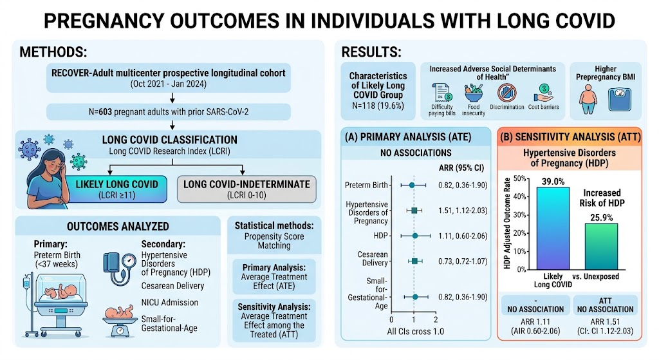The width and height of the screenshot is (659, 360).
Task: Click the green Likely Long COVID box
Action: coord(117,189)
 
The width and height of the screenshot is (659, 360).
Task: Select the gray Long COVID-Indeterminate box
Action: coord(246,189)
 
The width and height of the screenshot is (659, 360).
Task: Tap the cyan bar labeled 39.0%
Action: coord(553,229)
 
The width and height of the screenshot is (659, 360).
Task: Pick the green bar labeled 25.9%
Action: coord(602,247)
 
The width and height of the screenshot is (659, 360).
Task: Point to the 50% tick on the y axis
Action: coord(519,178)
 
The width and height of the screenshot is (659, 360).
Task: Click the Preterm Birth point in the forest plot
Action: coord(412,185)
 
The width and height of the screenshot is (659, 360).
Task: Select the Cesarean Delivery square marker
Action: coord(415,261)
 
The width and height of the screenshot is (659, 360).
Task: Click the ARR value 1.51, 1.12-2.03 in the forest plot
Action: coord(463,211)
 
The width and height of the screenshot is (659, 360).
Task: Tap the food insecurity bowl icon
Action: coord(474,93)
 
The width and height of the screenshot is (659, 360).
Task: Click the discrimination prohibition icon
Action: coord(506,93)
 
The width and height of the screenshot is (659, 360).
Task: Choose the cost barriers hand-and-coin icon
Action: coord(543,93)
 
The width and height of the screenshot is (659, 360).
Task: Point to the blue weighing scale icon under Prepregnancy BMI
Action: coord(620,99)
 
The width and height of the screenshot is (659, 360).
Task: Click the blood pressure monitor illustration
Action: coord(120,267)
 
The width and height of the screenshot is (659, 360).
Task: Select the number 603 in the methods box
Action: coord(105,112)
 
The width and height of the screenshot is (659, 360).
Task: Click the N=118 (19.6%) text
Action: coord(378,106)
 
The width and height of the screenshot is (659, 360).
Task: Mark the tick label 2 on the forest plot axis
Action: coord(436,319)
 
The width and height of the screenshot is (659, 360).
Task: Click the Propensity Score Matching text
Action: coord(274,241)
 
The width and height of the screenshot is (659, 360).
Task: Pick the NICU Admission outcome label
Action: coord(170,303)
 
